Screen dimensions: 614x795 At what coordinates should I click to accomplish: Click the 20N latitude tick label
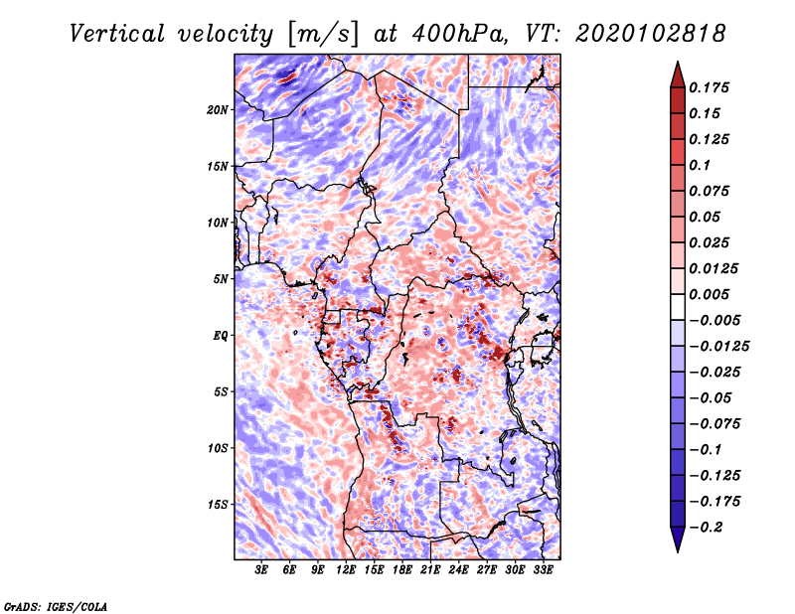tap(218, 109)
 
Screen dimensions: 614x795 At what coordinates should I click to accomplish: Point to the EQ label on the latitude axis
tap(222, 335)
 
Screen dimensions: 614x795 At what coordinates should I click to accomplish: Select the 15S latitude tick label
tap(218, 504)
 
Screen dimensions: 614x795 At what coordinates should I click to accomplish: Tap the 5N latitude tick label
tap(221, 278)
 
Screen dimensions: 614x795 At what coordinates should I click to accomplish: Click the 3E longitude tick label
tap(262, 571)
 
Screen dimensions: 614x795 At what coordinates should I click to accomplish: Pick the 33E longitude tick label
tap(543, 571)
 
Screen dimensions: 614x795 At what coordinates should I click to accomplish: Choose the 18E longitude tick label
tap(402, 571)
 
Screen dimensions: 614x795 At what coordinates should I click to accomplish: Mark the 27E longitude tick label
tap(487, 571)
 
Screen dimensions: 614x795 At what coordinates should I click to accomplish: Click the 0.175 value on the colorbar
tap(712, 87)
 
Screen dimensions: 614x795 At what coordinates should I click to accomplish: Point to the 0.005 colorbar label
tap(712, 294)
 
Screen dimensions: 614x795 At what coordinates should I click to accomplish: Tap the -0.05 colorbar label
tap(712, 397)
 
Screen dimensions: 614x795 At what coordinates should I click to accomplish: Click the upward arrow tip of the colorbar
tap(677, 65)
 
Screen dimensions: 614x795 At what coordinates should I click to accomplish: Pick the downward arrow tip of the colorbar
tap(677, 549)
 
